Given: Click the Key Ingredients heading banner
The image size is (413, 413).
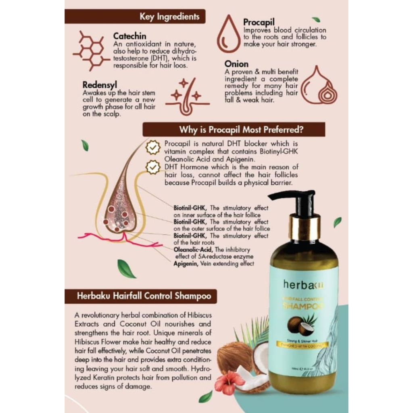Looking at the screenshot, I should (135, 17).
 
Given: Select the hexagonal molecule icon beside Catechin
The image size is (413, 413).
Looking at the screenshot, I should (91, 51).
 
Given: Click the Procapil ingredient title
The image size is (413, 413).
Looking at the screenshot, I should (259, 22).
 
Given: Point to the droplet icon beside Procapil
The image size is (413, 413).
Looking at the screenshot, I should (228, 35).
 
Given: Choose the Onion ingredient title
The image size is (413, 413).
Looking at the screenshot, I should (236, 64).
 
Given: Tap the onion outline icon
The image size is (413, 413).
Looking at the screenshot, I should (319, 86).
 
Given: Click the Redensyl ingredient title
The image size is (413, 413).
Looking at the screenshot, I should (100, 85).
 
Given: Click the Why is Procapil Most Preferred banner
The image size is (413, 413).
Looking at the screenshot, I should (234, 130).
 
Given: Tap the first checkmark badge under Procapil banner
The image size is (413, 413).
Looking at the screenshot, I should (153, 148).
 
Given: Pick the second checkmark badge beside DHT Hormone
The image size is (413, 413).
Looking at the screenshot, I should (153, 167).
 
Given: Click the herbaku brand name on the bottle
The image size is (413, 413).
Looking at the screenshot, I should (303, 285).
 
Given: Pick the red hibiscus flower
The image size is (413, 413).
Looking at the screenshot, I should (229, 382).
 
